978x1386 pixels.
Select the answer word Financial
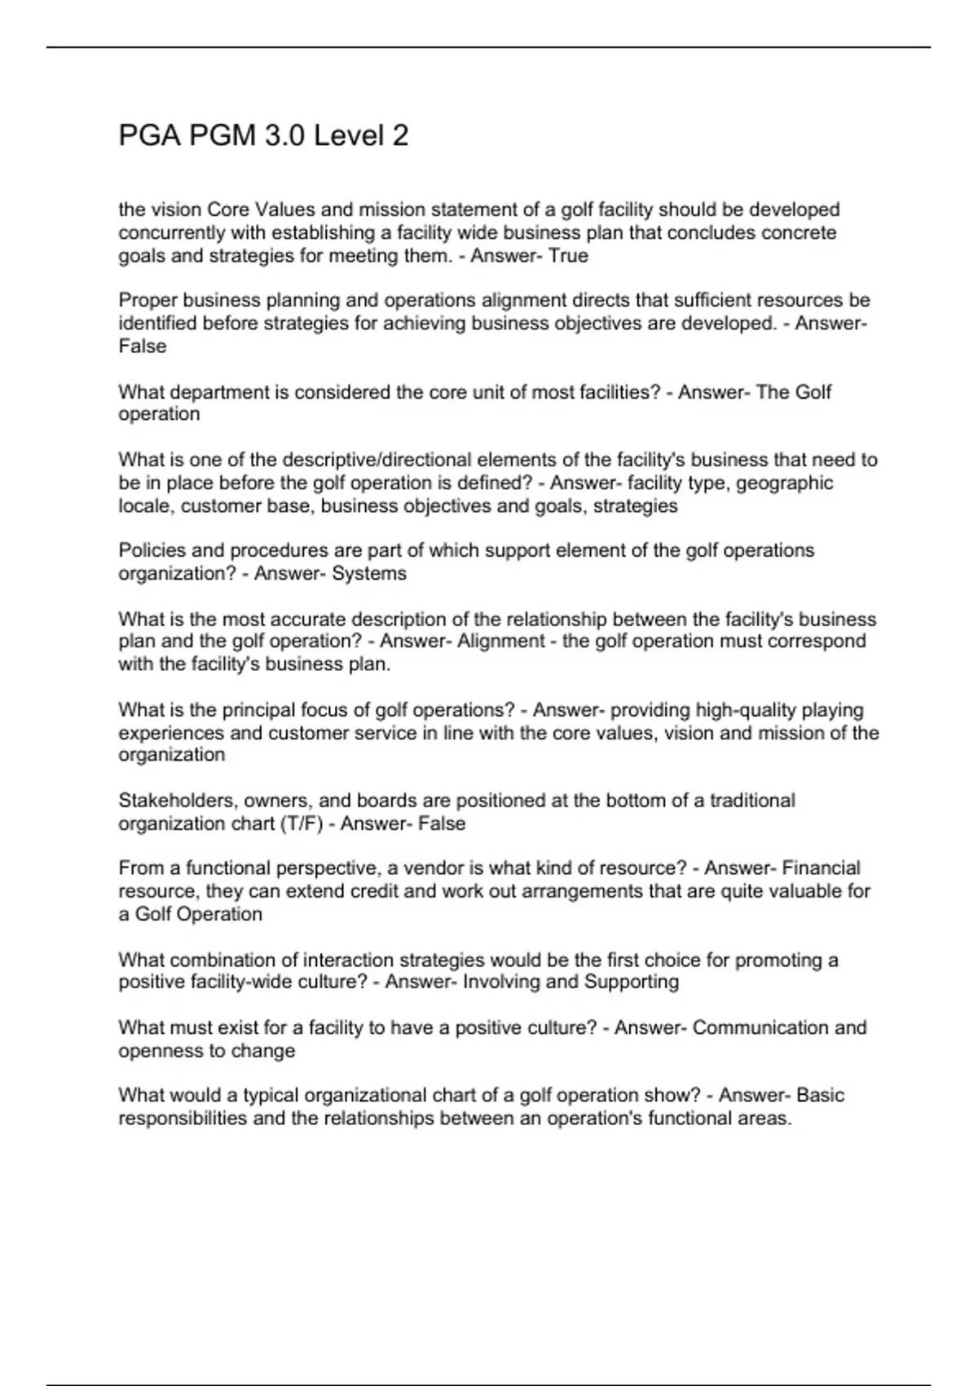822,868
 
